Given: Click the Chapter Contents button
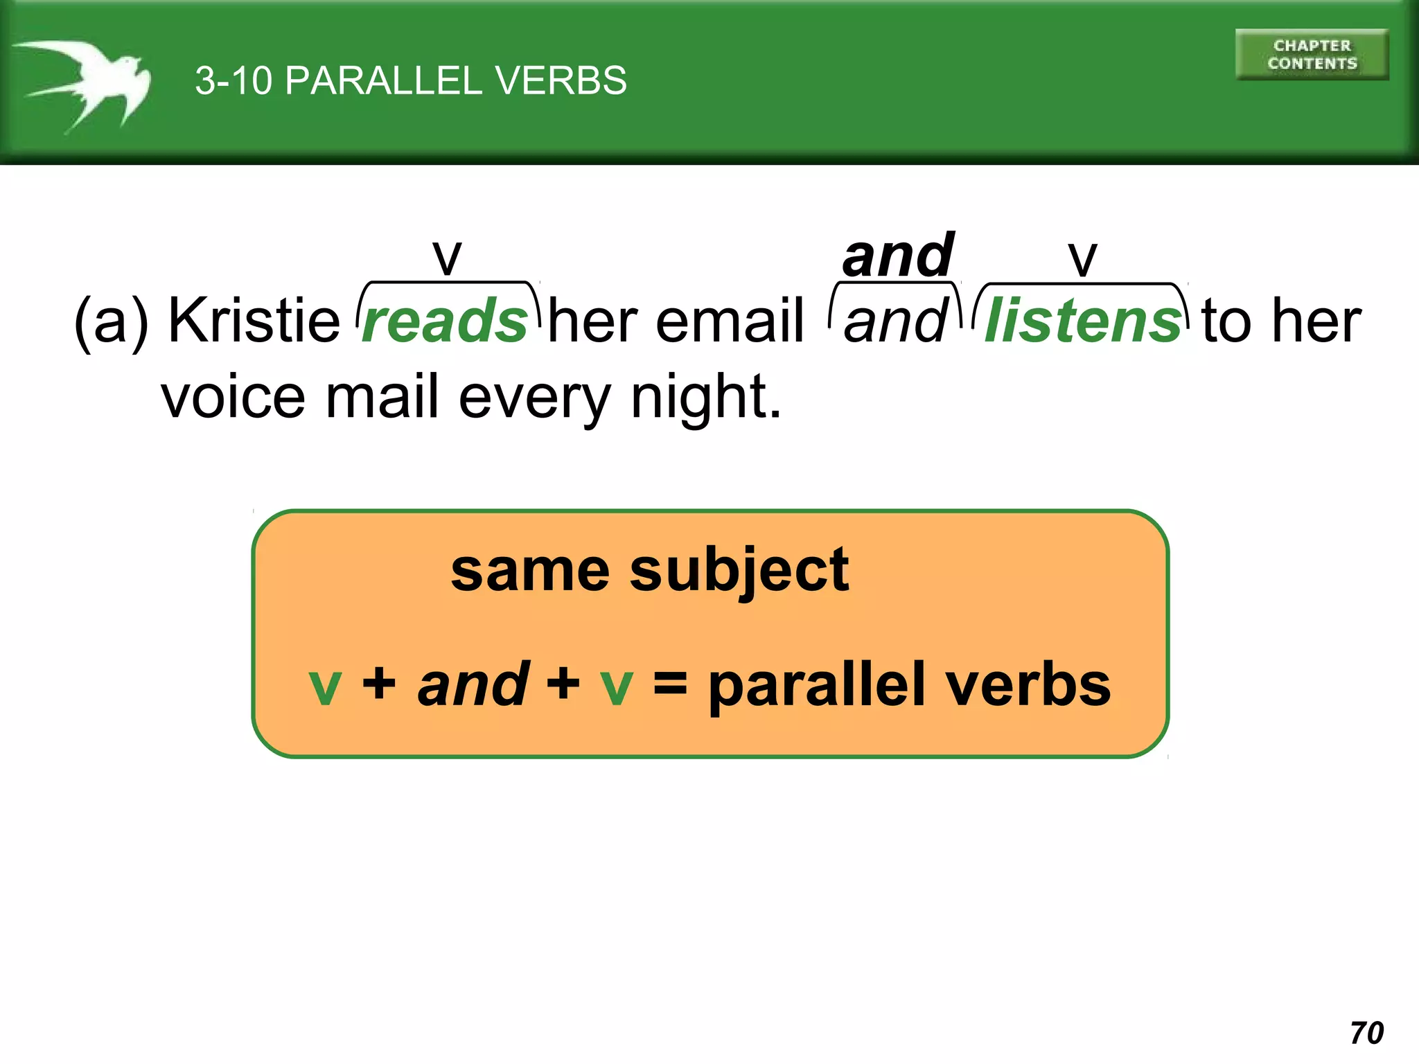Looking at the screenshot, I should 1312,55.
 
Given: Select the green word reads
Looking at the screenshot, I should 445,321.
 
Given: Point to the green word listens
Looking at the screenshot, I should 1082,321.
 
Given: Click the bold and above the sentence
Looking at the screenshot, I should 898,256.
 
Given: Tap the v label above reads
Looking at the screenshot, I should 447,258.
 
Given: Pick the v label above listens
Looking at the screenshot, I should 1082,259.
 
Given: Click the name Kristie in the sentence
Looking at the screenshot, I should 254,320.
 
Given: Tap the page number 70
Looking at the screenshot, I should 1366,1033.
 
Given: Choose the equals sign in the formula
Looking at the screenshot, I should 670,684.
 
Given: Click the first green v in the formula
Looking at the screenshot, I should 325,686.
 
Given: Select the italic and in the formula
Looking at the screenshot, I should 473,684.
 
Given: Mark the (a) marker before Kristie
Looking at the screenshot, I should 111,321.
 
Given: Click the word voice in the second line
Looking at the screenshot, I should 233,398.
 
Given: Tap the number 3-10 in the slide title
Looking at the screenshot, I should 233,80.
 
